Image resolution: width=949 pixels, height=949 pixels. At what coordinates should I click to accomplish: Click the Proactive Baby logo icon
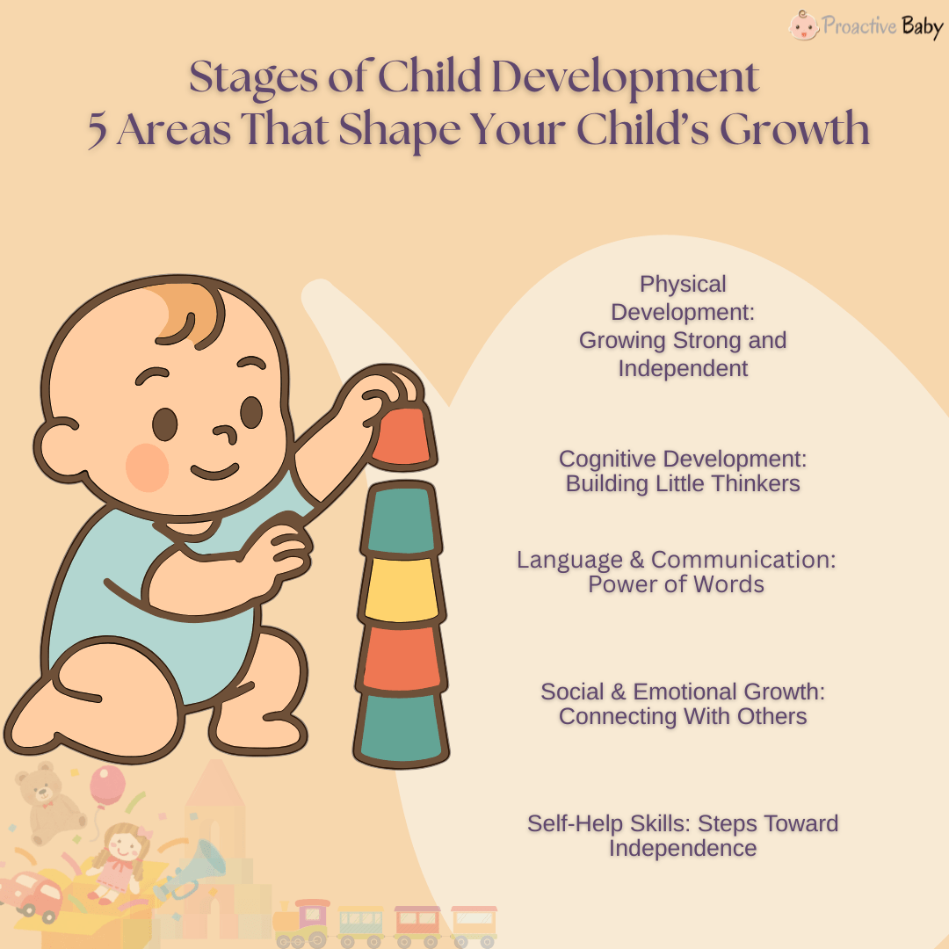[x=803, y=25]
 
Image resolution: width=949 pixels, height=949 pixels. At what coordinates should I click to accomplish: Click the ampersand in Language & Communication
[x=635, y=560]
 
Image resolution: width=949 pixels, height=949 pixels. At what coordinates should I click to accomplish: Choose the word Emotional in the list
[x=686, y=692]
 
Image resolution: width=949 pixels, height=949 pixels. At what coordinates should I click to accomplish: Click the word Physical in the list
[x=683, y=284]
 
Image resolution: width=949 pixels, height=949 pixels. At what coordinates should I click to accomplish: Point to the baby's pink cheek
[x=147, y=467]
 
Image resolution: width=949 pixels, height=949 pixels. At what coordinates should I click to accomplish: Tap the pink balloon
[x=107, y=785]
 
